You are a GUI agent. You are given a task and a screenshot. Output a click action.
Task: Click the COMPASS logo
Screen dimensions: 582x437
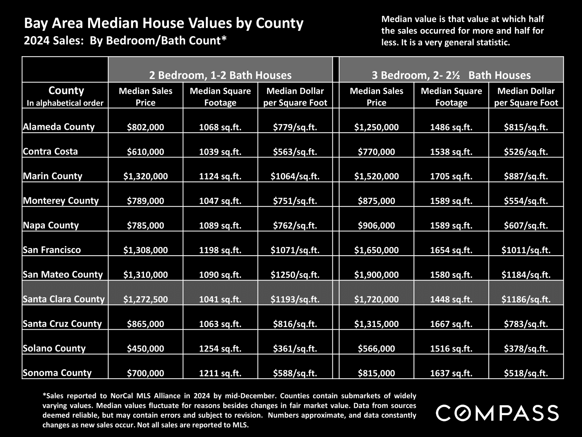click(x=497, y=413)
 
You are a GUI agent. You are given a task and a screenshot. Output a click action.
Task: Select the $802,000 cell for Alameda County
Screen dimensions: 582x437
click(x=145, y=127)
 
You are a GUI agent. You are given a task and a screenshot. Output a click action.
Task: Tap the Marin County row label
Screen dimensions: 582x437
click(x=52, y=176)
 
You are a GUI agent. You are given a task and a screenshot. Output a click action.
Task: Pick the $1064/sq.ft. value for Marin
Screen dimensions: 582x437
click(x=295, y=176)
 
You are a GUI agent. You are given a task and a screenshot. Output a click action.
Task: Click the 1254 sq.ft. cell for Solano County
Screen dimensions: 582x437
click(x=220, y=348)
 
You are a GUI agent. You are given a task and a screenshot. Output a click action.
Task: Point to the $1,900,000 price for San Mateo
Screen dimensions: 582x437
click(x=376, y=275)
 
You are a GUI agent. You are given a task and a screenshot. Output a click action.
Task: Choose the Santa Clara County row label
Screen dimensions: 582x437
click(x=64, y=299)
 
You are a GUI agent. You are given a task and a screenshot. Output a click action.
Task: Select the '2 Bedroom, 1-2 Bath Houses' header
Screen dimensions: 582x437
click(x=220, y=75)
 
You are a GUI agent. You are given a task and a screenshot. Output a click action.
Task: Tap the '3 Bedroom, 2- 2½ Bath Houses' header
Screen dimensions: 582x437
click(x=451, y=75)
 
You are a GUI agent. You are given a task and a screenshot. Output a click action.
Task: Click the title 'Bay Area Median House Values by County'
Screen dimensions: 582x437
click(x=164, y=23)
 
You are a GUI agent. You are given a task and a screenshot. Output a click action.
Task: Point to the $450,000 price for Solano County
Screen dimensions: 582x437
click(x=145, y=348)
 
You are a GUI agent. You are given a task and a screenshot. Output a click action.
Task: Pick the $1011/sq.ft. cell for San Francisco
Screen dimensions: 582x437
click(x=526, y=250)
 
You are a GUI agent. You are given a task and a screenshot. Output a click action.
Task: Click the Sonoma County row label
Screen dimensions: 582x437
click(x=57, y=373)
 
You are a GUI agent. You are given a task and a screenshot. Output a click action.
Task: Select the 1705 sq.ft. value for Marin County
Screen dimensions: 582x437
click(x=451, y=176)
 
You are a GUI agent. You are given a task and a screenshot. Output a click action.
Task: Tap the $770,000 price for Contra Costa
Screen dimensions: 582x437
click(x=376, y=152)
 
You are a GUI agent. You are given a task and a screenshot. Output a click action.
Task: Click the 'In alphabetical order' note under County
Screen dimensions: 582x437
click(x=65, y=103)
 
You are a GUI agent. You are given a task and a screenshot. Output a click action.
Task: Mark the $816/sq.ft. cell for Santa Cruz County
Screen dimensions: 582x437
click(x=295, y=324)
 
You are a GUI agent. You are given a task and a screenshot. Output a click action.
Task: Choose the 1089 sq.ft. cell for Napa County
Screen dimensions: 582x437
click(x=220, y=225)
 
